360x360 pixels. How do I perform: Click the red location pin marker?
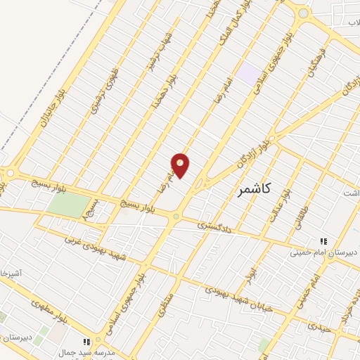click(x=181, y=165)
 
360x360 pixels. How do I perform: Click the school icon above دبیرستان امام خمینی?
click(x=323, y=240)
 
